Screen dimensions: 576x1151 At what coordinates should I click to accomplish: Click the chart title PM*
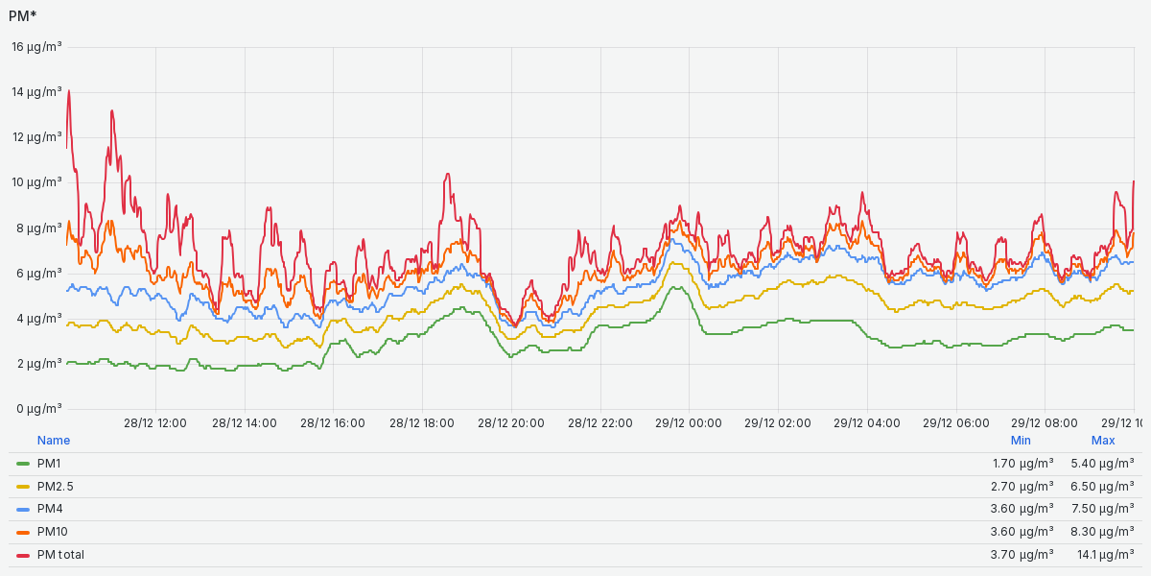point(22,15)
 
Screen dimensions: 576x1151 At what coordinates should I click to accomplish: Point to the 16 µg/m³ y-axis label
point(36,47)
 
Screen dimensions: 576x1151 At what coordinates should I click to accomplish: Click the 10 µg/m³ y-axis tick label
point(36,182)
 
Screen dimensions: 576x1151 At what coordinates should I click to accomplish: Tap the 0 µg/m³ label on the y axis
point(39,408)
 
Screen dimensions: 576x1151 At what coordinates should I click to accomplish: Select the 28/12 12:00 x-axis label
point(155,422)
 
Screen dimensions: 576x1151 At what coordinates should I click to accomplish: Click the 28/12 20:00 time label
point(510,422)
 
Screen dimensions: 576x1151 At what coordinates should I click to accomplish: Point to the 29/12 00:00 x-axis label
point(689,422)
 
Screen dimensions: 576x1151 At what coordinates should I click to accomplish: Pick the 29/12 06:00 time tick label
point(956,422)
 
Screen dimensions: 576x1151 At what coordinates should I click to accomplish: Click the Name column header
point(54,441)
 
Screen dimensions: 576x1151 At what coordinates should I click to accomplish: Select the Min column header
point(1021,441)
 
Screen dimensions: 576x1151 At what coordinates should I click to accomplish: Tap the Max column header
point(1103,441)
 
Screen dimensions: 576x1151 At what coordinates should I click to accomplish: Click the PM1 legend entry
point(49,464)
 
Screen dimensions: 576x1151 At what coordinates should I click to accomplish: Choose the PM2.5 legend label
point(55,487)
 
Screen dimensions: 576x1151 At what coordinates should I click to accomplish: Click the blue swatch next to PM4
point(23,509)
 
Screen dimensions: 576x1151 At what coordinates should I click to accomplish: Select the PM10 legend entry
point(52,532)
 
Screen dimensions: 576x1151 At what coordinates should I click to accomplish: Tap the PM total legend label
point(60,555)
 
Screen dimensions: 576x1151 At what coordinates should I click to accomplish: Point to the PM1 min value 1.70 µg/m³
point(1022,464)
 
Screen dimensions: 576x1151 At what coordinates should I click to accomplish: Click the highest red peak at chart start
point(69,91)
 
